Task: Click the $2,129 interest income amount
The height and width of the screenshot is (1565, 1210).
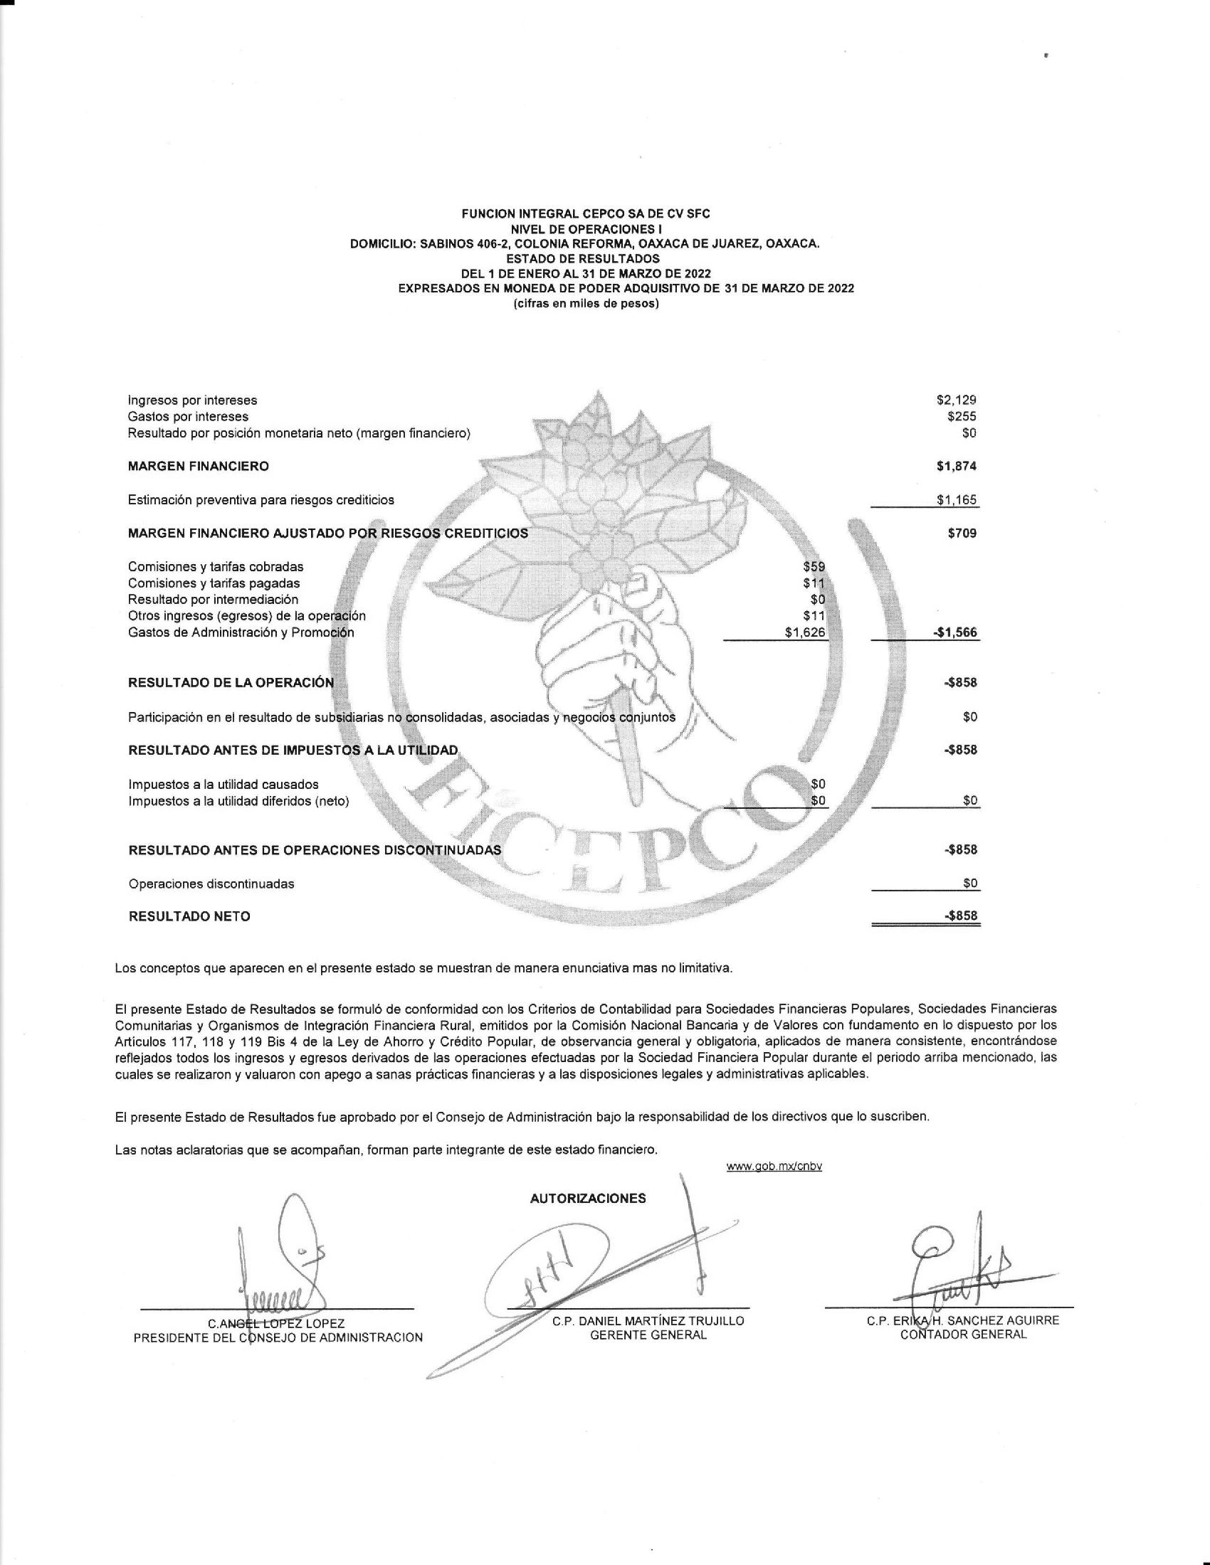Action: point(956,400)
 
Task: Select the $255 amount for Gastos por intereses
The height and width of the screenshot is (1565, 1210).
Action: point(962,416)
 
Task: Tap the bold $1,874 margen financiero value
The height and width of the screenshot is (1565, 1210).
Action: point(956,467)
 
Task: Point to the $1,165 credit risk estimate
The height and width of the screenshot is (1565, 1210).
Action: point(956,500)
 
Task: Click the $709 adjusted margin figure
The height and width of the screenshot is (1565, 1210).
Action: point(962,533)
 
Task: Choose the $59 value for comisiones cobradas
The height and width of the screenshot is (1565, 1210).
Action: point(814,567)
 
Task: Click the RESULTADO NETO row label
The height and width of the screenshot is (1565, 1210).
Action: point(189,916)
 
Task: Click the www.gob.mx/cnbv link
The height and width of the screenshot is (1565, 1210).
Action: point(774,1167)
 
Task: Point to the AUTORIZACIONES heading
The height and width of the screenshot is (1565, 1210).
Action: point(588,1199)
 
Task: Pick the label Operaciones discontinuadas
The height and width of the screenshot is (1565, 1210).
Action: point(211,884)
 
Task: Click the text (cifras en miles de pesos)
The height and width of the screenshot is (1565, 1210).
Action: point(586,303)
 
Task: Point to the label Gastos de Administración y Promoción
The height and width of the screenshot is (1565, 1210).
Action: point(241,632)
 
